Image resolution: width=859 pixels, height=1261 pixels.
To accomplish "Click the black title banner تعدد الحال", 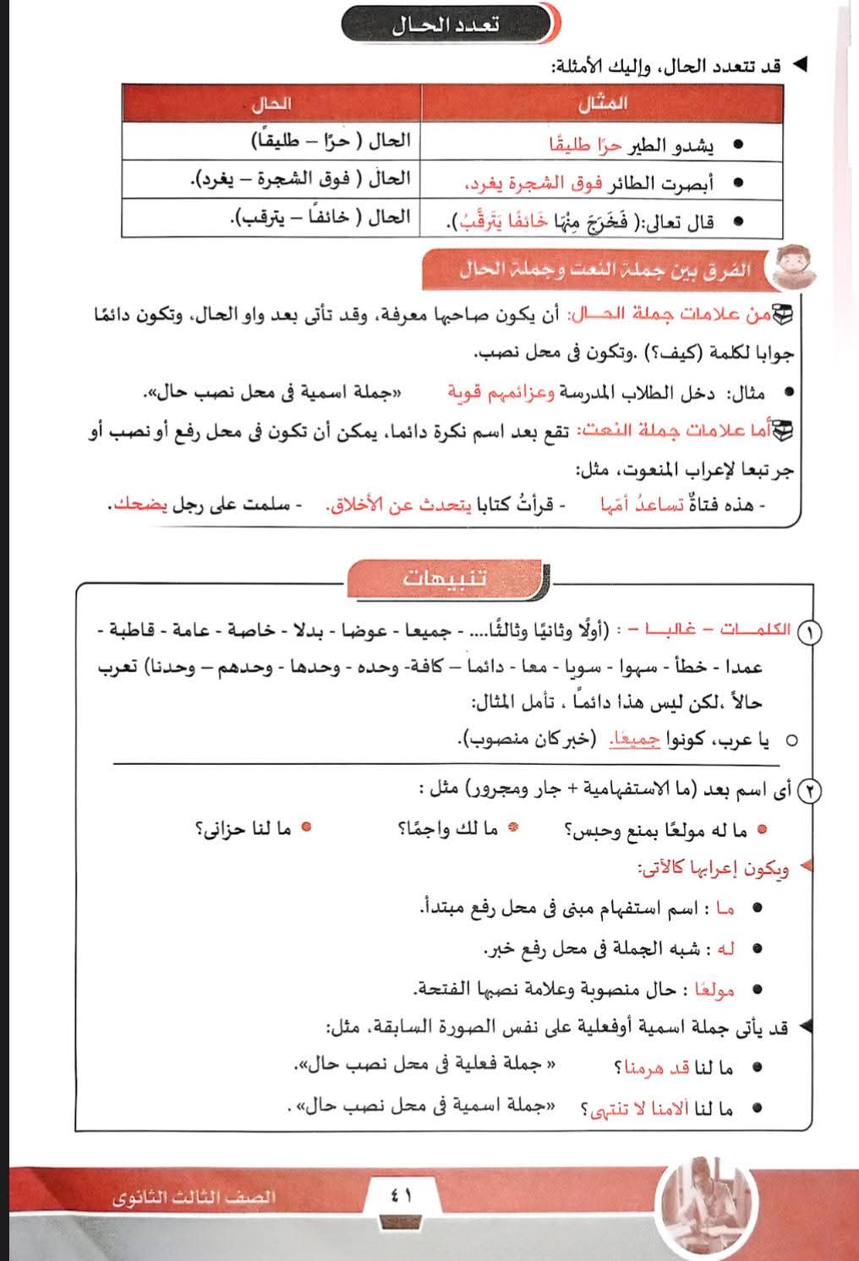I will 446,24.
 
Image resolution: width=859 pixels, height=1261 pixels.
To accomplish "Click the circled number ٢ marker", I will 811,792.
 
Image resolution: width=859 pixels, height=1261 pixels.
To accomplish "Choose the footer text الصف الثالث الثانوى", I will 195,1198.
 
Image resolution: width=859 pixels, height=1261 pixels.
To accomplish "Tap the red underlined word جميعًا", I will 636,740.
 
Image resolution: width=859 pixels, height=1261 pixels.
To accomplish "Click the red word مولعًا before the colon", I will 713,989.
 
